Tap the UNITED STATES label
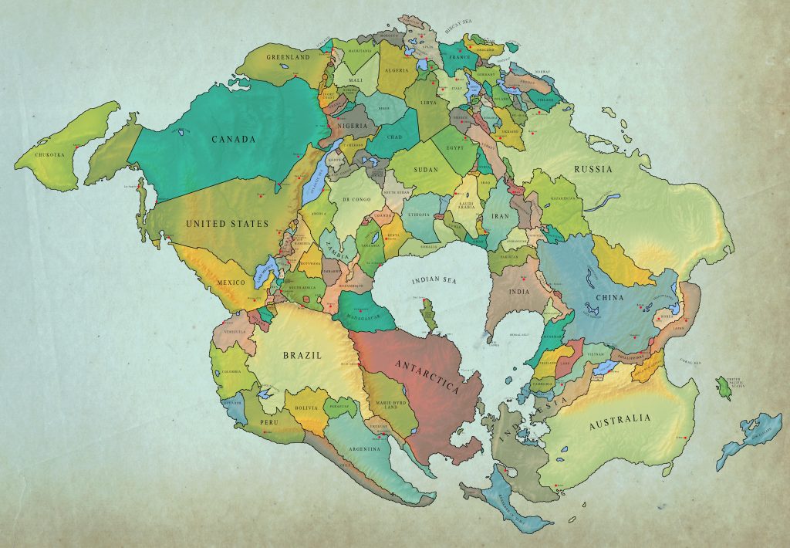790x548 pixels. pos(227,224)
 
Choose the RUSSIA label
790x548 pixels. pos(592,169)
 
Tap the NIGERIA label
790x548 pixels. pos(351,123)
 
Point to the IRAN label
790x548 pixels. pos(499,217)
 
